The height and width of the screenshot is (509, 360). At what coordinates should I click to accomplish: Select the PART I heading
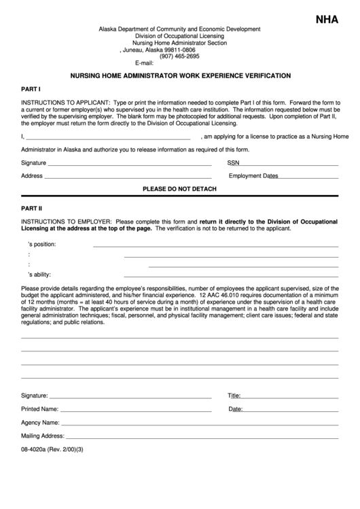pos(31,89)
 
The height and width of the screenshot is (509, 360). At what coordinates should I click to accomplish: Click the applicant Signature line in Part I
pos(129,165)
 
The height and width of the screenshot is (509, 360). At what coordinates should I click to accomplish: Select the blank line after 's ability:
pos(231,277)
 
